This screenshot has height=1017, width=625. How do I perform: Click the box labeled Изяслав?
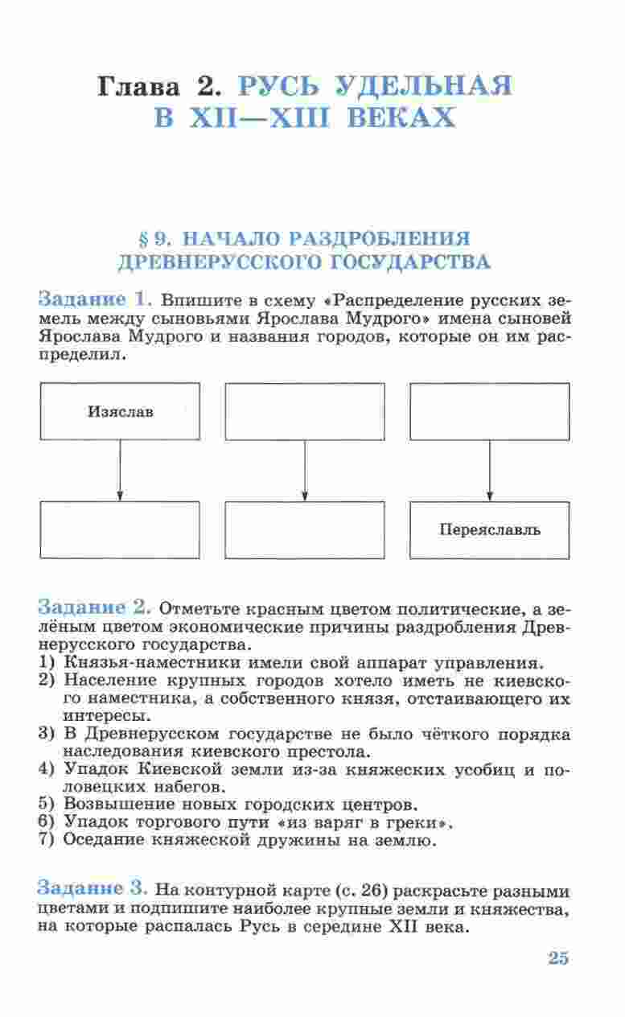point(120,411)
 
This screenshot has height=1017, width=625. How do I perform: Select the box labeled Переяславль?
point(490,529)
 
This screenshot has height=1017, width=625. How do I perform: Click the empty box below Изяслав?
point(120,529)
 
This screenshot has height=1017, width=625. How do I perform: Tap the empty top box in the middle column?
point(305,411)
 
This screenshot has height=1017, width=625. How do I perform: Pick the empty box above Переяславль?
point(490,411)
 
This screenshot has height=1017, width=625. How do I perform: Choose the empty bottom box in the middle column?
point(305,529)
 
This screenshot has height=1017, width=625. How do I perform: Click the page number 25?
point(558,957)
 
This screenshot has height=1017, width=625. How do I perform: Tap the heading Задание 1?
point(95,300)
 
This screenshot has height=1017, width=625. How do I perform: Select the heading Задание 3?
point(93,889)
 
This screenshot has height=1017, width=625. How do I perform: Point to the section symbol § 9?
point(150,239)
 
